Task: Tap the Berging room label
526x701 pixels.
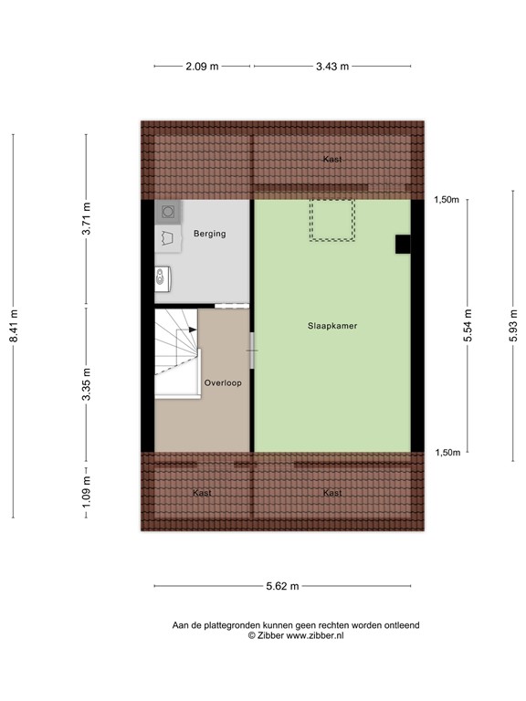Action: [209, 235]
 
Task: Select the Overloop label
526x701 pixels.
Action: [223, 383]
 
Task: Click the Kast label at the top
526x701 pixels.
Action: [332, 160]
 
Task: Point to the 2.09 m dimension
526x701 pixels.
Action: [202, 66]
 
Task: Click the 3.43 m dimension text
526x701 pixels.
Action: [331, 66]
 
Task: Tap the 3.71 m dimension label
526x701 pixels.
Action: [87, 219]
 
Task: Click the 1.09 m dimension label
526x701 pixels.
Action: [87, 494]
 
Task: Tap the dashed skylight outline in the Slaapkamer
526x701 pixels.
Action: [332, 220]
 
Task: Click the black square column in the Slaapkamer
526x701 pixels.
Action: [402, 244]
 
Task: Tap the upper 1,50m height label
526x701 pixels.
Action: [446, 200]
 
